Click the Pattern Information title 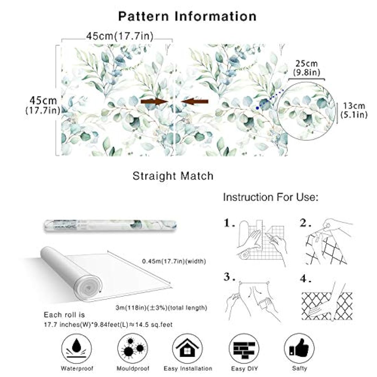(x=187, y=16)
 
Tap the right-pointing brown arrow (x=154, y=101)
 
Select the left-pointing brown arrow (x=195, y=101)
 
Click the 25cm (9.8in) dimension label (x=306, y=68)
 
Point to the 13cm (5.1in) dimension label (x=354, y=110)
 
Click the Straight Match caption (x=173, y=176)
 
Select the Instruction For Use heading (x=271, y=197)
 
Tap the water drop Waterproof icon (x=76, y=348)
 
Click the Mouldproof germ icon (x=133, y=348)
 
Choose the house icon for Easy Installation (x=187, y=348)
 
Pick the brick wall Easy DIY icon (x=244, y=348)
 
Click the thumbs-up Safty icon (x=299, y=348)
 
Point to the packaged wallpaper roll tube (x=110, y=226)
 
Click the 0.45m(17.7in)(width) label (x=174, y=261)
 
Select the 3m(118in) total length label (x=161, y=307)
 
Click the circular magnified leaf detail (x=306, y=111)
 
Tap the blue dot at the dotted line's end (x=257, y=108)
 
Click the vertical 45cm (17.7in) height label (x=43, y=105)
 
